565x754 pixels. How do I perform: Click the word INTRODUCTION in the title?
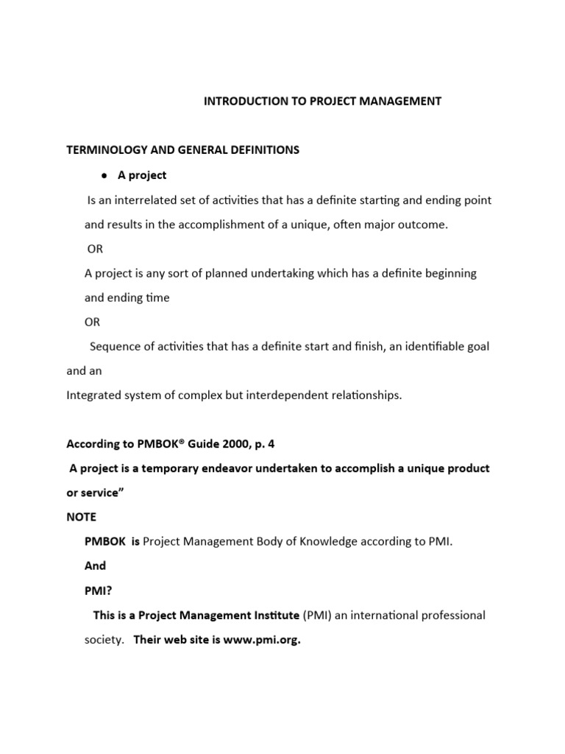[240, 102]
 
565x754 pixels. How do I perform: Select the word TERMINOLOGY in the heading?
[101, 150]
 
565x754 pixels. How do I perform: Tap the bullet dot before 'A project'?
[105, 176]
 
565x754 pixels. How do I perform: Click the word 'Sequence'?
[114, 346]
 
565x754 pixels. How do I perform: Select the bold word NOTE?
[82, 517]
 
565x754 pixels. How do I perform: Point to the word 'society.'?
[104, 640]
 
